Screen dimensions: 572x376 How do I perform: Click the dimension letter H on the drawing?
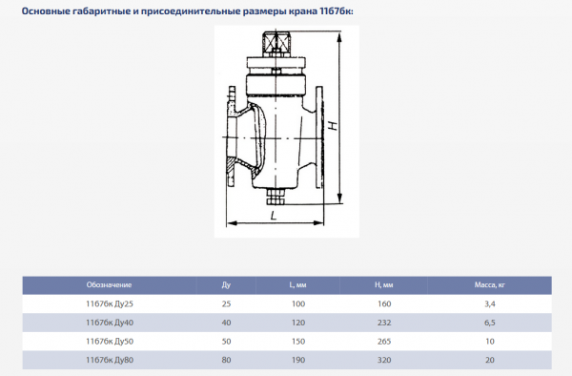click(x=334, y=126)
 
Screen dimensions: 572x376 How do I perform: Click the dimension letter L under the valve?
click(x=274, y=216)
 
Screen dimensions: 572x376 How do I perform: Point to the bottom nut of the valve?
click(x=276, y=198)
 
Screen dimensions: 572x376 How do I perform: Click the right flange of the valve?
click(x=319, y=137)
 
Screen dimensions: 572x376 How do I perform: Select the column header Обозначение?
click(x=109, y=285)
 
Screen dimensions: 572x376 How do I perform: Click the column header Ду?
click(x=226, y=285)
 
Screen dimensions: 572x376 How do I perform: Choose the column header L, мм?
click(x=297, y=285)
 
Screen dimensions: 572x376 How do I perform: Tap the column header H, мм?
click(x=384, y=285)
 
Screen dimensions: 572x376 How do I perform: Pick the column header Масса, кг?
click(x=490, y=285)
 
